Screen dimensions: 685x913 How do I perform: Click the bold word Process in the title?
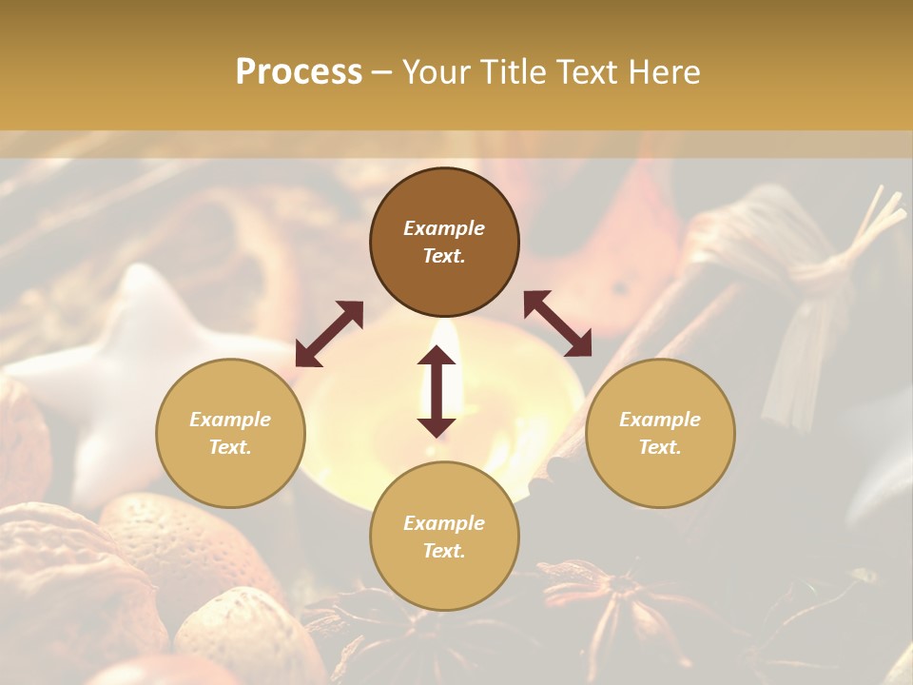point(299,72)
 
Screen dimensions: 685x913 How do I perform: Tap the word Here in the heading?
point(664,72)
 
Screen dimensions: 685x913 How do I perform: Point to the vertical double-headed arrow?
point(437,391)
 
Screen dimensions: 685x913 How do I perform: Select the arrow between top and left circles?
point(329,334)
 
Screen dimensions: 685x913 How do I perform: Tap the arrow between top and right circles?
point(557,323)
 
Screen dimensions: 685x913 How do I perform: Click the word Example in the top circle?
point(444,228)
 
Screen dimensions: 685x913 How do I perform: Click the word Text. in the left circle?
point(230,447)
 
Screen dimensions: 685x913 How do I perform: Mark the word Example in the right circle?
point(660,420)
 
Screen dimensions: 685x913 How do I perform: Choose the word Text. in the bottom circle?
point(444,551)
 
